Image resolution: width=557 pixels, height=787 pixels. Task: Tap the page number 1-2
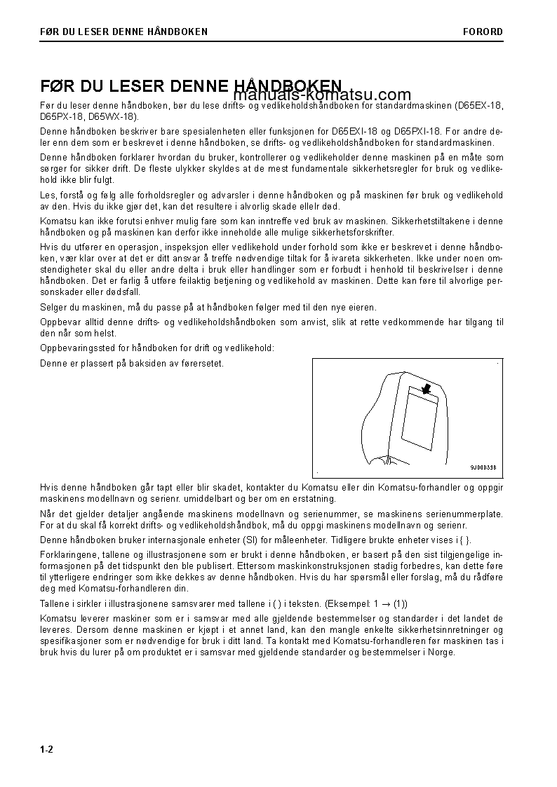47,749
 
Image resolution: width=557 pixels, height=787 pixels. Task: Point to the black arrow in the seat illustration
424,387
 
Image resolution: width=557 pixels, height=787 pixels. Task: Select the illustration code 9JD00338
483,467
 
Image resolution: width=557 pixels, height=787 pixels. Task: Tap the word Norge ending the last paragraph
441,652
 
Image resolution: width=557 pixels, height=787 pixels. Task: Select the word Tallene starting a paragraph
55,603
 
